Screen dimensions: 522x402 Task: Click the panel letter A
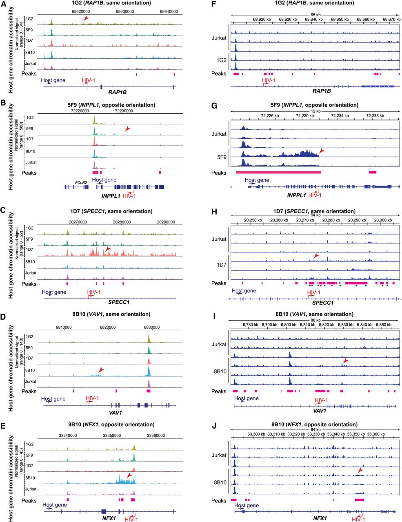(x=3, y=3)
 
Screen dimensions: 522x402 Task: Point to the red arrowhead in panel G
(x=322, y=151)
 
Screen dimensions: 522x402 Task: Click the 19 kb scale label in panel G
(x=315, y=111)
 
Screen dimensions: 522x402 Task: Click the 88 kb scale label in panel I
(x=315, y=320)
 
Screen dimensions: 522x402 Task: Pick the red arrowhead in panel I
(x=346, y=361)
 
